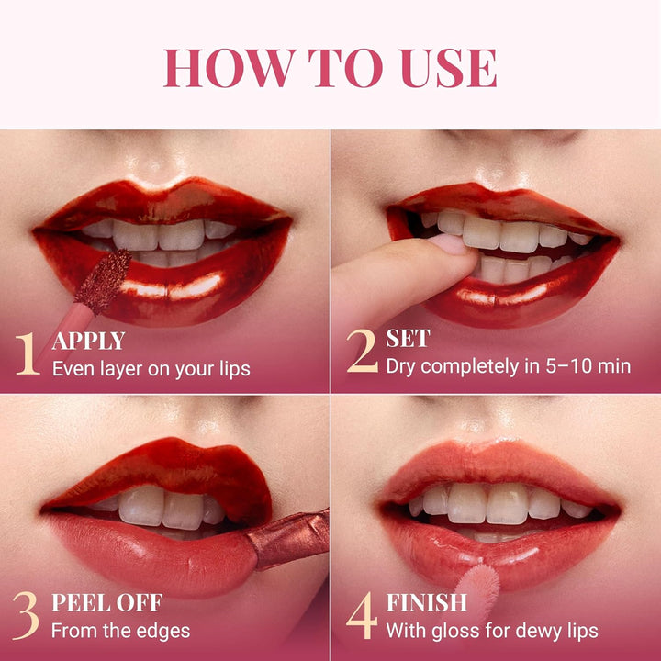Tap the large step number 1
(x=27, y=353)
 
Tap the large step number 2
(x=362, y=351)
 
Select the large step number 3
(x=27, y=615)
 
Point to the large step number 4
(x=362, y=615)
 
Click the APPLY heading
(x=88, y=342)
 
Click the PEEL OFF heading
(x=106, y=603)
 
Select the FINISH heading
(x=427, y=603)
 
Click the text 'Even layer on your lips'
(x=151, y=369)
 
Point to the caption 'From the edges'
(x=120, y=631)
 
